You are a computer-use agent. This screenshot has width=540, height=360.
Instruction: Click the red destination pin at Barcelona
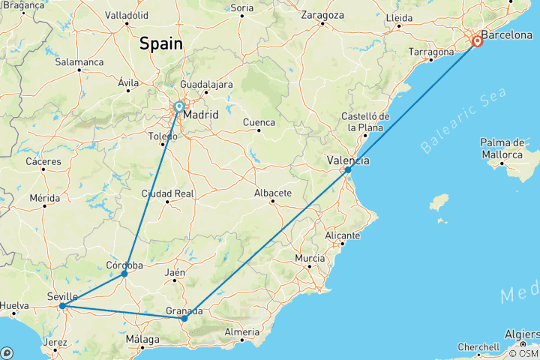[476, 41]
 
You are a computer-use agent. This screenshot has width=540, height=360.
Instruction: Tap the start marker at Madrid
[179, 107]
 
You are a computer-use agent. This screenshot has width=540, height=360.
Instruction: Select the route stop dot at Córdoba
[124, 274]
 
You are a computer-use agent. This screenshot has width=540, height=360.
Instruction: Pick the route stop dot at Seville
[62, 306]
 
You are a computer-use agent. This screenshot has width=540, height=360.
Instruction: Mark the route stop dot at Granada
[184, 318]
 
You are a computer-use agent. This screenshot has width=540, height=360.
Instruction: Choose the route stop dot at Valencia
[348, 170]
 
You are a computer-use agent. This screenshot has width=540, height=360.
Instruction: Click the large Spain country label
[160, 43]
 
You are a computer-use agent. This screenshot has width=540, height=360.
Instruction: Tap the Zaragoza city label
[322, 15]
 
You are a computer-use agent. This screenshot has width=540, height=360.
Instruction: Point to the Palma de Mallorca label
[502, 148]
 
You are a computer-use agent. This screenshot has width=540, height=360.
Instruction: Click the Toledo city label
[163, 137]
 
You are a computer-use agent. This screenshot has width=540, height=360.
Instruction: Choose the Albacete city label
[273, 193]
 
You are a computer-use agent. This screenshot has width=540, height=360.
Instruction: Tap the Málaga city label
[142, 340]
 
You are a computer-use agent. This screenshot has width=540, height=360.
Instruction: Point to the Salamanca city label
[79, 61]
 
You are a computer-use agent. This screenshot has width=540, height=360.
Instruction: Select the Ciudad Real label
[167, 193]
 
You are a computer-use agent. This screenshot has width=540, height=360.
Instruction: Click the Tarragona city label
[431, 52]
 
